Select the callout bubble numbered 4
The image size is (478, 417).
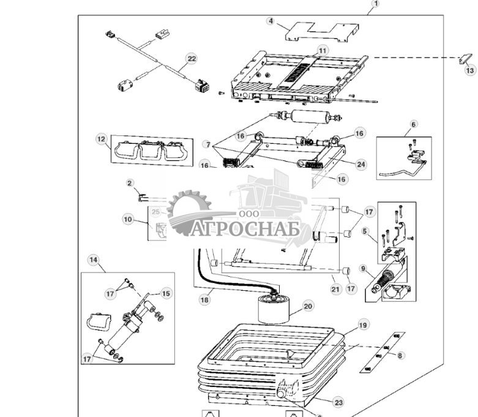[270, 21]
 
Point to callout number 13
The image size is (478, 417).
[469, 70]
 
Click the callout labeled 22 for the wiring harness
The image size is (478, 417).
[192, 58]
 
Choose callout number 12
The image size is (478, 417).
[101, 138]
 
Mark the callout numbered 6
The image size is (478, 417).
[413, 124]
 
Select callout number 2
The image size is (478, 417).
[130, 182]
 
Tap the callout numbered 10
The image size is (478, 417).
[127, 219]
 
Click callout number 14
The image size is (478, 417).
[93, 260]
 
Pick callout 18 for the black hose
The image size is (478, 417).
[204, 300]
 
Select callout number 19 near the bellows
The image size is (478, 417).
[363, 325]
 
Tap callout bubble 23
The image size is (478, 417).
[338, 402]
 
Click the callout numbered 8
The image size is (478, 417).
[400, 355]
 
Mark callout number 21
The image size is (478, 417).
[335, 288]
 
